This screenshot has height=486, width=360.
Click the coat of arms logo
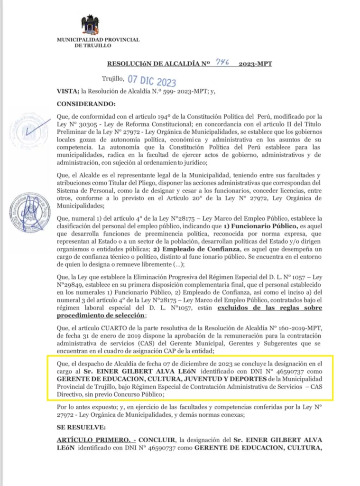click(90, 25)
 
